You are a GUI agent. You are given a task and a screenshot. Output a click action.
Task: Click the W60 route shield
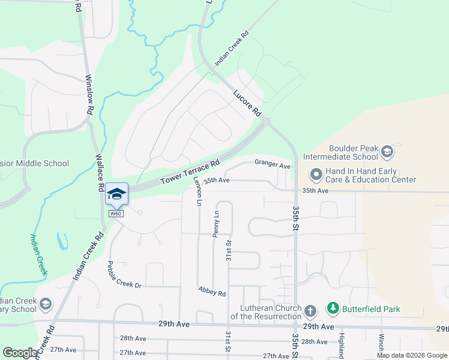pos(116,214)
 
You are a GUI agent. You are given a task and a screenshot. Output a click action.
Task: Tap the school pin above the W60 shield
pos(116,194)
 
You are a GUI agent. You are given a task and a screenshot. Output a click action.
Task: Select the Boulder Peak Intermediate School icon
pos(387,151)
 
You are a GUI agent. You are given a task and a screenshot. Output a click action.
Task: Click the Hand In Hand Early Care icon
pos(316,175)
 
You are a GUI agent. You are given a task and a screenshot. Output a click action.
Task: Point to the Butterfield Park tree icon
pos(333,308)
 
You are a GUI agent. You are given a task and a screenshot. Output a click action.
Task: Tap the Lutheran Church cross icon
pos(310,311)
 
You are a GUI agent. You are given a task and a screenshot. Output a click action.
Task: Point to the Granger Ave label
pos(272,163)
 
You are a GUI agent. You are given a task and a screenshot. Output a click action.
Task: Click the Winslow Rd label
pos(88,95)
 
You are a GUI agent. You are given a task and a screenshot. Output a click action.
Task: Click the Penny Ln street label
pos(217,224)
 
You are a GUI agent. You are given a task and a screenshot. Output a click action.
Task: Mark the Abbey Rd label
pos(212,291)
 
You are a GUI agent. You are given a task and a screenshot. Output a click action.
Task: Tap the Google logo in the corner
pos(20,352)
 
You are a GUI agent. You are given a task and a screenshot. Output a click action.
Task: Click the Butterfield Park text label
pos(371,309)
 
